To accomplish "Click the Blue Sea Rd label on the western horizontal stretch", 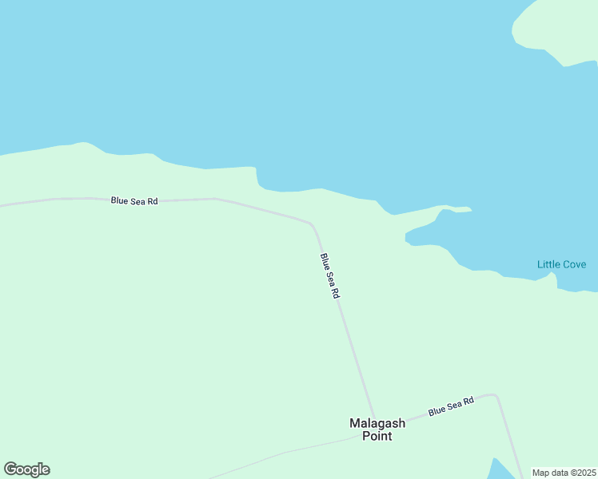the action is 134,201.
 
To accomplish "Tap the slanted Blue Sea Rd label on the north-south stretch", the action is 330,276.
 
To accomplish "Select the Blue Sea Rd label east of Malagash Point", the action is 451,406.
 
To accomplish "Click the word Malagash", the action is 377,423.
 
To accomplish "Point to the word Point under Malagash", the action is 377,436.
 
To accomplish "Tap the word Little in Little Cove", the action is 548,264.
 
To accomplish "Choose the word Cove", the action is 574,264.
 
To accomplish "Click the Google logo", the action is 27,469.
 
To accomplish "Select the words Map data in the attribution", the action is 549,473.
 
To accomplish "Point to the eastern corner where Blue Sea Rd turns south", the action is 496,396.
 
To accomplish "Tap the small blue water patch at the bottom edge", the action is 499,470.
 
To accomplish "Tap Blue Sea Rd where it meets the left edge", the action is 3,206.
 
